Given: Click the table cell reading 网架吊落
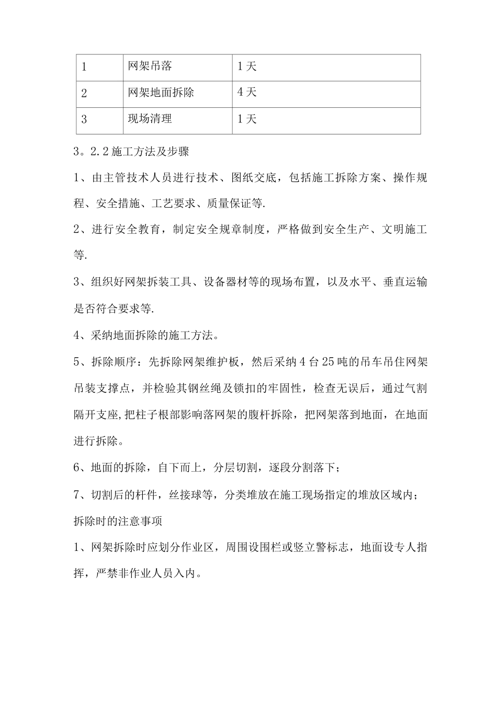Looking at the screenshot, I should (150, 66).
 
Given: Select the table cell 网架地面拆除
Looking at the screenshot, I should (161, 93).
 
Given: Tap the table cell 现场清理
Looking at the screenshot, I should (150, 119).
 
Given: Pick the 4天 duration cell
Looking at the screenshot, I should (247, 93).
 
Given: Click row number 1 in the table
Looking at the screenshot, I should (84, 67).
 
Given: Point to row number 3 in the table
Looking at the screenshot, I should (84, 120).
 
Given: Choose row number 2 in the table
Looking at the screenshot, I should (84, 94).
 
